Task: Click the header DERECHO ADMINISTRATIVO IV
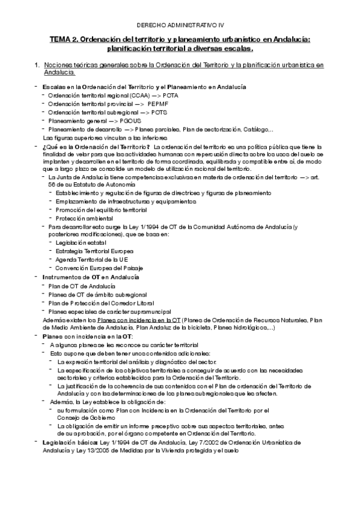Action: click(x=180, y=25)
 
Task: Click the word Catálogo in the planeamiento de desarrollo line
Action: click(x=257, y=129)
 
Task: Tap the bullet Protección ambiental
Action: click(x=81, y=218)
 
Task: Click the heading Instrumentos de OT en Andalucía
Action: click(x=90, y=277)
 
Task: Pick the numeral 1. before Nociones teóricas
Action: click(x=38, y=64)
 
